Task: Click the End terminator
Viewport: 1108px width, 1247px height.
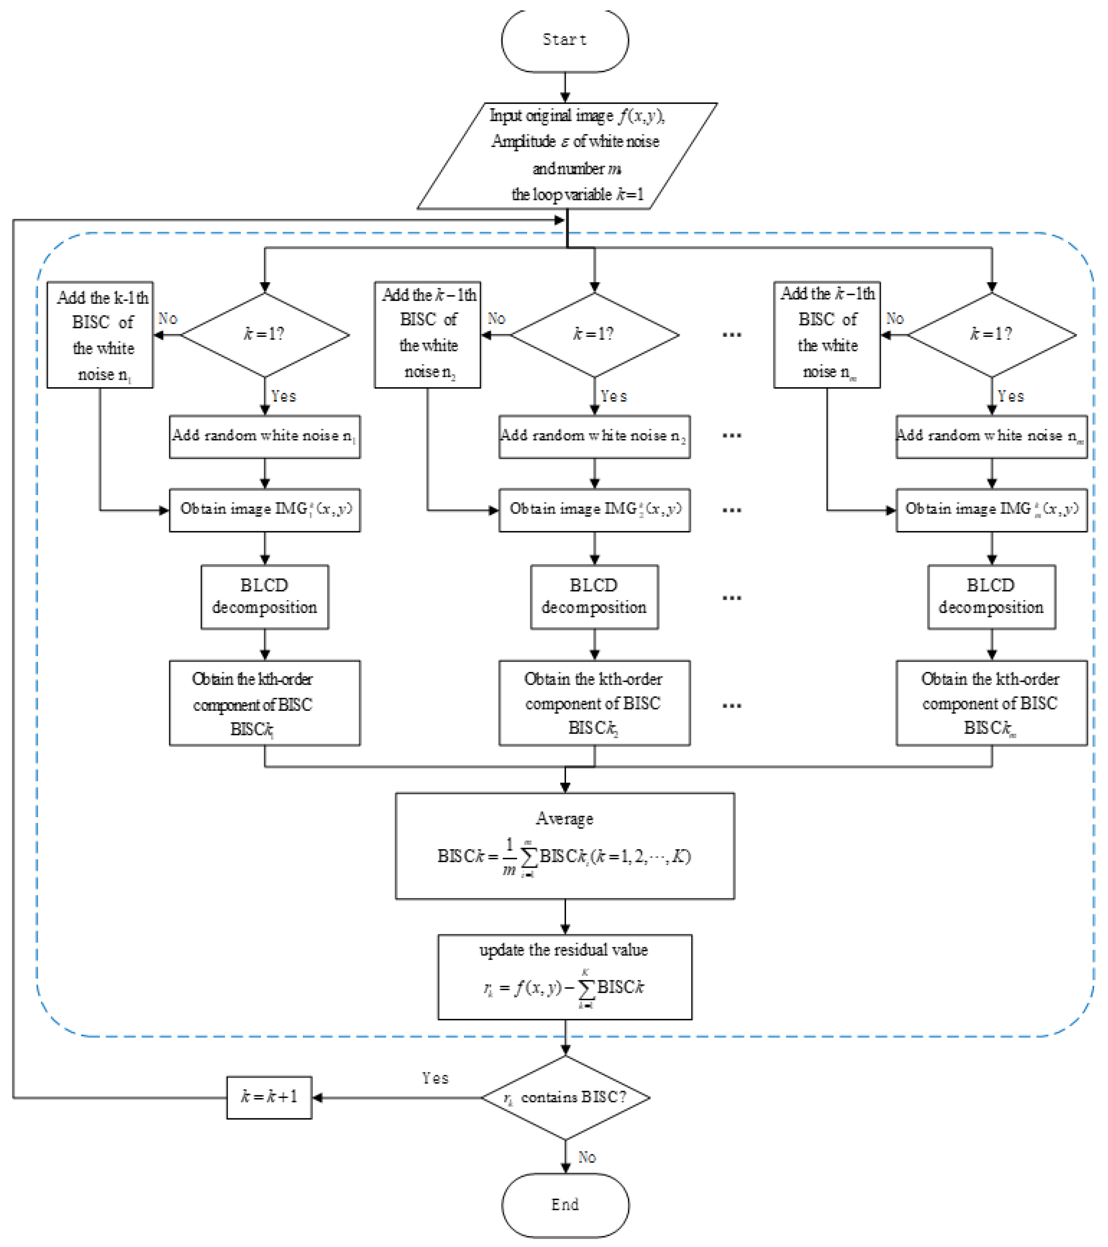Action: tap(565, 1204)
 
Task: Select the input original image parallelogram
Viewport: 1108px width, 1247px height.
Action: tap(567, 156)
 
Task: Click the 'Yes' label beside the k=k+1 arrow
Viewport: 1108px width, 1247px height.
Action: tap(435, 1078)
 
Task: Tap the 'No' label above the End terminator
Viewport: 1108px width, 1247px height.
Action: tap(586, 1157)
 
